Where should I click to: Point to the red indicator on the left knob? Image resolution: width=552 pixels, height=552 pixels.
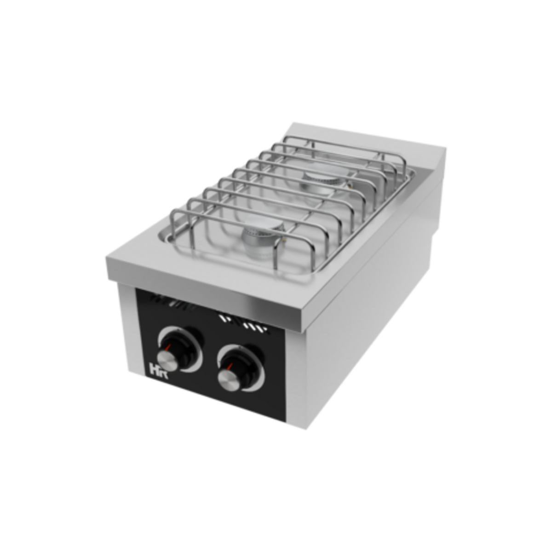pos(170,346)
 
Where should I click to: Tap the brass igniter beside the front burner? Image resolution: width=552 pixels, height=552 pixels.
pos(286,241)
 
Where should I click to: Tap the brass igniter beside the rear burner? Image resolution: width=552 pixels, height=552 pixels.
pos(349,186)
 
